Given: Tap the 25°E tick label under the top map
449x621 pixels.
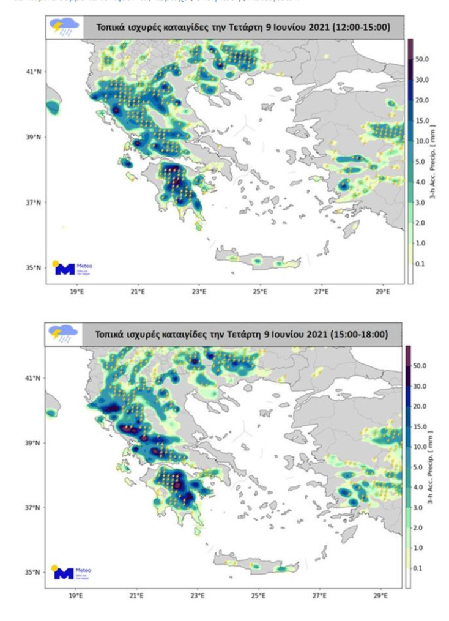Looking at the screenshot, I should click(x=260, y=292).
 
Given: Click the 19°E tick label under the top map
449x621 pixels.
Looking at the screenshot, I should click(x=76, y=292).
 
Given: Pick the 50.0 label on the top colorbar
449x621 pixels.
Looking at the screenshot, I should click(x=423, y=59).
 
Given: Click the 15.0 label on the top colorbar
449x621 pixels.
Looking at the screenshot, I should click(x=423, y=121).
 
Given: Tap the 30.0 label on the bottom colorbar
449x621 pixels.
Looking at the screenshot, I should click(x=422, y=387).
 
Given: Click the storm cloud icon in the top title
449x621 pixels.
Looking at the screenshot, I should click(x=64, y=27).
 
